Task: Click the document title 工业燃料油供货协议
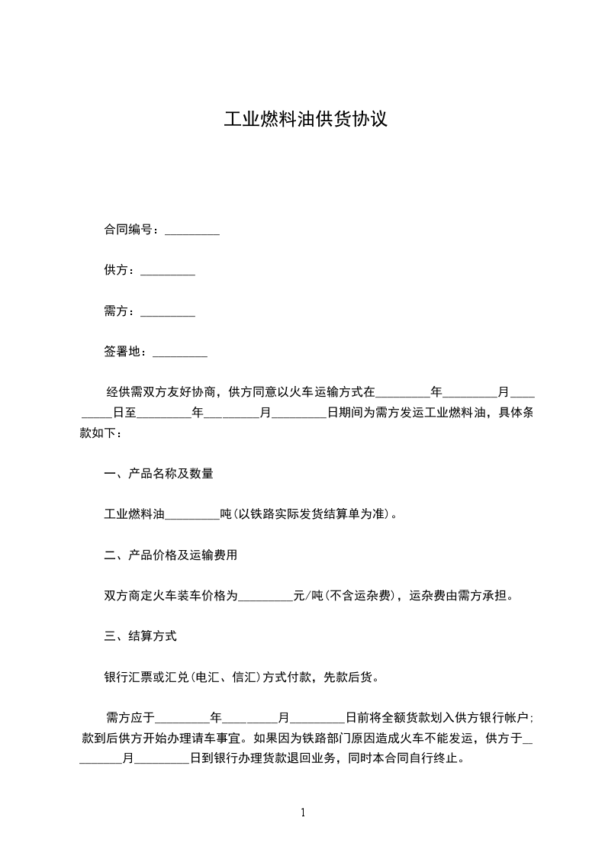click(305, 120)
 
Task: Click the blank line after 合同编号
click(192, 230)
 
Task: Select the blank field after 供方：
click(168, 271)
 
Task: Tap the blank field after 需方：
click(168, 311)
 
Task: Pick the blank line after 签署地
click(180, 352)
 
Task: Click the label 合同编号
click(128, 230)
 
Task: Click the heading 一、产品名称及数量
click(159, 473)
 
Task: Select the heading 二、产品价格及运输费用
click(171, 555)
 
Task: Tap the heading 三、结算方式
click(140, 636)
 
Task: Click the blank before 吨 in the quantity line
click(192, 514)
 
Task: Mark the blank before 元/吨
click(265, 595)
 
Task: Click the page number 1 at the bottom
click(303, 813)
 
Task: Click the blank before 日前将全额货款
click(318, 717)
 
